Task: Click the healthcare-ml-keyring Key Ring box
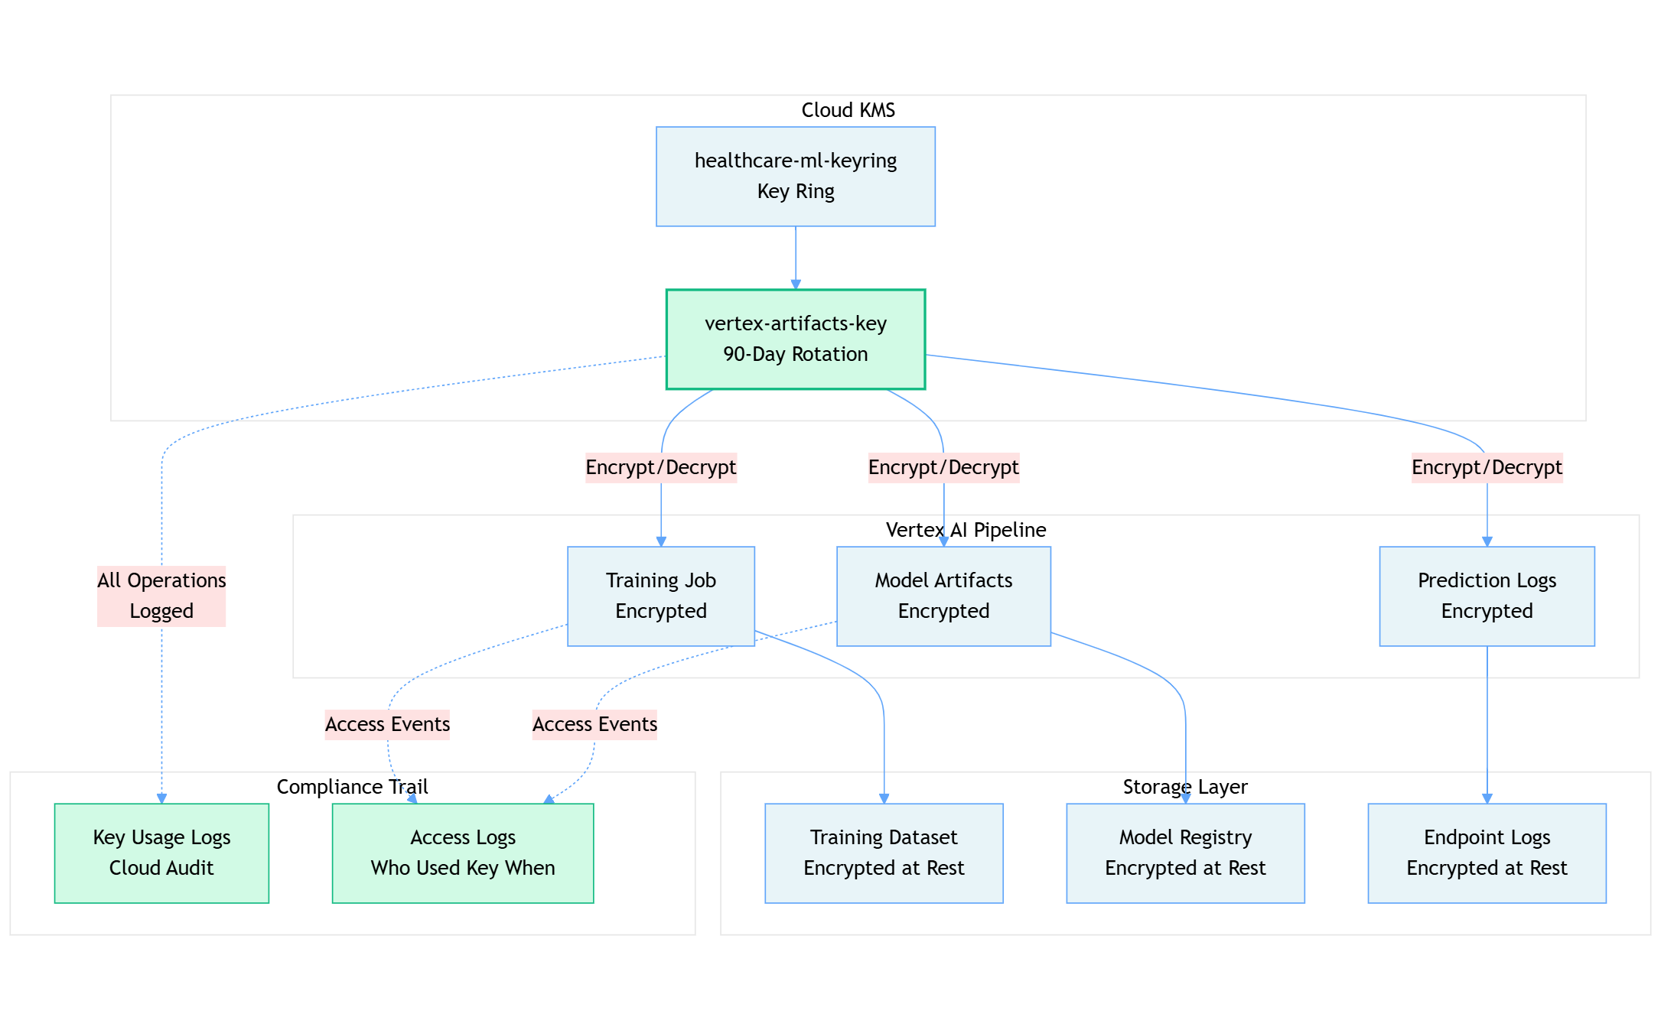pos(795,177)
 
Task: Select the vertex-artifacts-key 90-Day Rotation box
pos(795,339)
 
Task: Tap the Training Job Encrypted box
pos(660,596)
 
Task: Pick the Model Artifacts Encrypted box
pos(943,596)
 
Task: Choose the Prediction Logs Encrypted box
pos(1486,596)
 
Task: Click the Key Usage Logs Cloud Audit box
pos(161,853)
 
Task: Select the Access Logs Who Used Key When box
pos(462,853)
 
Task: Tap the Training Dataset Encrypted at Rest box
pos(883,853)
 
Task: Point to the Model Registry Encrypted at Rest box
pos(1184,853)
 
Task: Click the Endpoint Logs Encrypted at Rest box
pos(1486,853)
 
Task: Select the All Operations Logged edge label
pos(161,596)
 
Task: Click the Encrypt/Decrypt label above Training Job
pos(660,467)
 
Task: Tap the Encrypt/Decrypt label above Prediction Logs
pos(1486,467)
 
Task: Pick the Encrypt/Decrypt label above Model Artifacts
pos(943,467)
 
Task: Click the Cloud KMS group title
pos(848,110)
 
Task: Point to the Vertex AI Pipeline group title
pos(966,530)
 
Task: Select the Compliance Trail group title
pos(352,787)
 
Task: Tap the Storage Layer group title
pos(1184,787)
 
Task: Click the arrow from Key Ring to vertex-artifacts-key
pos(795,258)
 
